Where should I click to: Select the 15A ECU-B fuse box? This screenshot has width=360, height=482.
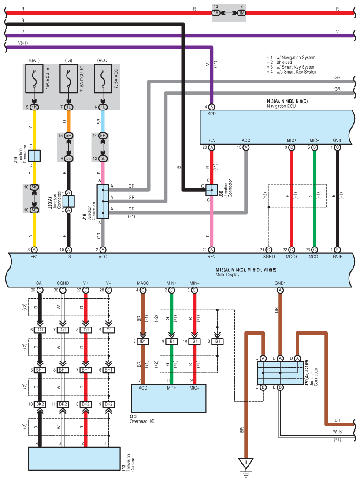point(34,79)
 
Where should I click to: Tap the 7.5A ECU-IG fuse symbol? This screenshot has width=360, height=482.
point(69,79)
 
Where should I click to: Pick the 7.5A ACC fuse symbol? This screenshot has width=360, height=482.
point(103,79)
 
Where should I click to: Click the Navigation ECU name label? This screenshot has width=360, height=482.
point(281,107)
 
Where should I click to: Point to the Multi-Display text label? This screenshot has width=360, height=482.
point(227,275)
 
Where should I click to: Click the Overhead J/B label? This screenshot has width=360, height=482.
point(142,421)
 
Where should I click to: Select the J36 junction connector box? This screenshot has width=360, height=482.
point(212,190)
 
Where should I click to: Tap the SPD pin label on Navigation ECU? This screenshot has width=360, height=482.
point(212,114)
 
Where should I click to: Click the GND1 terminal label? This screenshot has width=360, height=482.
point(280,283)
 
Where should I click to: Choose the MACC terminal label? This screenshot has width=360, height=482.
point(143,283)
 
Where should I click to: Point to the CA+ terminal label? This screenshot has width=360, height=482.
point(40,283)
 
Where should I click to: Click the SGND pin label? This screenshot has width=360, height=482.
point(269,256)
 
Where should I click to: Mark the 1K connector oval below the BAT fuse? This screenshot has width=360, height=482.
point(34,107)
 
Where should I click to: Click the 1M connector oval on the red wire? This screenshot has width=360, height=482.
point(242,13)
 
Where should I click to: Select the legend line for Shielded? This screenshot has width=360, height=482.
point(279,63)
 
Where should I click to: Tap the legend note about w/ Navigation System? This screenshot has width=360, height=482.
point(291,58)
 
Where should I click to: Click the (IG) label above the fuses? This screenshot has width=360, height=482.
point(69,60)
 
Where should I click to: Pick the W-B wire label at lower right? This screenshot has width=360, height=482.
point(337,431)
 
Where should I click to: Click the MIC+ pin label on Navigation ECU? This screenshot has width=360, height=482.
point(291,140)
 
